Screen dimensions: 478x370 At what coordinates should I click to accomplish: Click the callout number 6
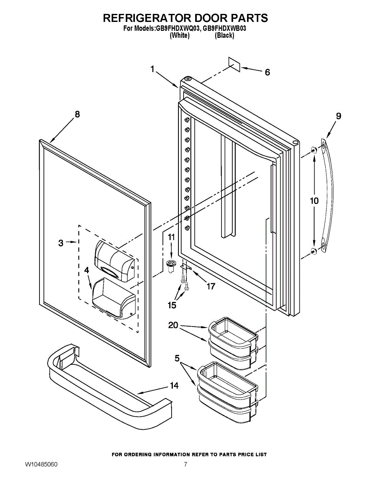click(267, 72)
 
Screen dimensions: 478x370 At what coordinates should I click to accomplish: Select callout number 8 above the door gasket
click(77, 114)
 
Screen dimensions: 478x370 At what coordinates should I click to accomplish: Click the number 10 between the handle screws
click(314, 200)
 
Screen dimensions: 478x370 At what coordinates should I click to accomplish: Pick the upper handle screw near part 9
click(314, 150)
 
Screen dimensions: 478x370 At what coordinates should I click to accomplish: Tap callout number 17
click(210, 286)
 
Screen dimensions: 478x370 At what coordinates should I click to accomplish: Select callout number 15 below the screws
click(172, 305)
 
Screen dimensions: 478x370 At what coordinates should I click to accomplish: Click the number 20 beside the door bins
click(173, 325)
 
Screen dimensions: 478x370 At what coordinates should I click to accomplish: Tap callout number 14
click(174, 385)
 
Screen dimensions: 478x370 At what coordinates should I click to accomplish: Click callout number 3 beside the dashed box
click(61, 243)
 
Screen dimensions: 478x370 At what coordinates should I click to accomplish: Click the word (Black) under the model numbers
click(224, 35)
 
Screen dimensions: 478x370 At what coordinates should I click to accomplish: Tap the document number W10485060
click(41, 464)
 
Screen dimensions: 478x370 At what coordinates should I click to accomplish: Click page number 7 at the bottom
click(185, 464)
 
